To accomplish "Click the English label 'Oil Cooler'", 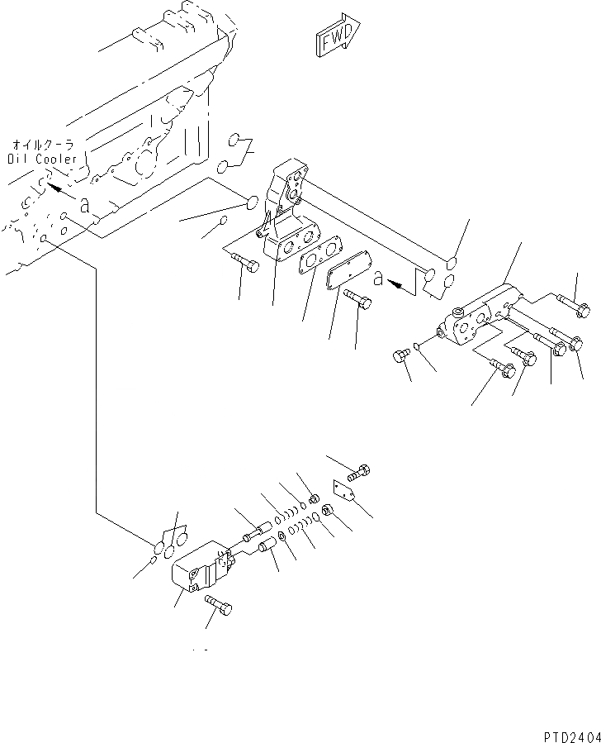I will pyautogui.click(x=42, y=159).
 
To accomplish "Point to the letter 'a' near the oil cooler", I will pyautogui.click(x=85, y=207).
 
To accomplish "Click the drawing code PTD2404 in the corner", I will pyautogui.click(x=570, y=733).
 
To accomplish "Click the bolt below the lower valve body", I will pyautogui.click(x=220, y=606).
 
